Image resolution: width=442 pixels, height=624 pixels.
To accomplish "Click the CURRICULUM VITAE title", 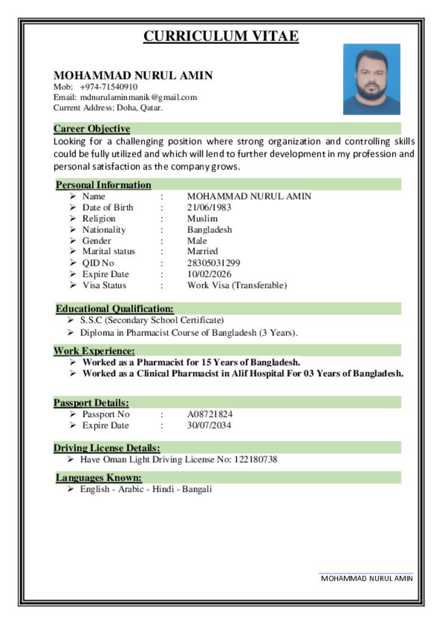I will click(x=221, y=37).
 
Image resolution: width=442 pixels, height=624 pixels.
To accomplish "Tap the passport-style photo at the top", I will click(x=371, y=79).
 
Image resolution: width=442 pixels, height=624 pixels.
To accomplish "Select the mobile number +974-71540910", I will click(x=109, y=87).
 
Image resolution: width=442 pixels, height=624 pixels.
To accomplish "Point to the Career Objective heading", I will click(x=92, y=129).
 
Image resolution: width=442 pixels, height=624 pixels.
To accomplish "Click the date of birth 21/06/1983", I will click(x=209, y=207).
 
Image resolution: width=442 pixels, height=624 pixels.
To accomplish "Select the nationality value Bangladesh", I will click(x=209, y=230).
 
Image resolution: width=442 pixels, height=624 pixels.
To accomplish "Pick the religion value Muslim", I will click(x=202, y=218).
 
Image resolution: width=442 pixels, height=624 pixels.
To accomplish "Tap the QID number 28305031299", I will click(x=213, y=263).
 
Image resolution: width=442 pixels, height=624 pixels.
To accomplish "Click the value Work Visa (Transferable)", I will click(x=236, y=285).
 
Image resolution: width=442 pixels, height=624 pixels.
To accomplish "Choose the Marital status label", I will click(x=109, y=251).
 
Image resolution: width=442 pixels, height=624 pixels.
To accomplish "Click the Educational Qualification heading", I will click(x=115, y=309).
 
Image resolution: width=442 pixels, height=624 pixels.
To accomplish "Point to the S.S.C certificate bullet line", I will click(x=152, y=320).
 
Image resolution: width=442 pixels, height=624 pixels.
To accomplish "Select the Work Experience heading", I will click(x=94, y=351).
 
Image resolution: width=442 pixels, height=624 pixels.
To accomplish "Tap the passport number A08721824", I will click(x=209, y=414).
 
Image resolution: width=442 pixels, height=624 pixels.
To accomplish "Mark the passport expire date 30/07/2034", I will click(x=209, y=425).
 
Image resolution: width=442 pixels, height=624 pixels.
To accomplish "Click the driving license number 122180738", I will click(x=256, y=459).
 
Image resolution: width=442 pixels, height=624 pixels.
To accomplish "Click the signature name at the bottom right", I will click(x=366, y=578).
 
